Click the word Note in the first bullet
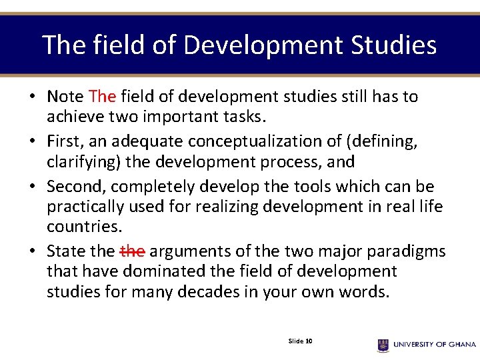coord(65,97)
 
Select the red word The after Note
coord(102,97)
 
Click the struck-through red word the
coord(132,251)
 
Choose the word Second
coord(75,186)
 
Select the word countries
coord(84,226)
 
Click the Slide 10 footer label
coord(301,341)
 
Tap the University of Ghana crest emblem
coord(383,345)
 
